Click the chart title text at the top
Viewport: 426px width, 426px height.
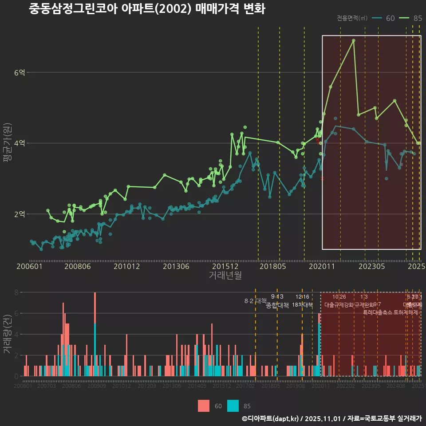[x=147, y=9]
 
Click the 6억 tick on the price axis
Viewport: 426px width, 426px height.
[x=20, y=72]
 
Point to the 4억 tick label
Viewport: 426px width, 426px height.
[x=20, y=143]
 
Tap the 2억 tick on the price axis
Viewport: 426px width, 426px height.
[x=20, y=214]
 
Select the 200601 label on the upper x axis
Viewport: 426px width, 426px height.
[x=29, y=267]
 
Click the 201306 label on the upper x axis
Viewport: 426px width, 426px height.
[x=176, y=267]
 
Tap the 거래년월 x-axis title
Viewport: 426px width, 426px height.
[x=225, y=276]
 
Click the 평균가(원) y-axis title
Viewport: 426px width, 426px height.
[x=7, y=144]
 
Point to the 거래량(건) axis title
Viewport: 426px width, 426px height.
[x=7, y=334]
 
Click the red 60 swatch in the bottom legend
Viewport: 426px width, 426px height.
[x=204, y=406]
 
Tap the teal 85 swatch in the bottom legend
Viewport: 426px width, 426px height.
[x=233, y=406]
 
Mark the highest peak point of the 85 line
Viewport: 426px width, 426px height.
[x=354, y=40]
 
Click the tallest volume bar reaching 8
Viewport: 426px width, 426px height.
[x=95, y=334]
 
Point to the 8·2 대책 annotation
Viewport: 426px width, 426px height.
[x=252, y=301]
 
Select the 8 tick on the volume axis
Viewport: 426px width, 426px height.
[x=16, y=292]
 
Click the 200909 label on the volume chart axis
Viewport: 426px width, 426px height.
[x=96, y=387]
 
